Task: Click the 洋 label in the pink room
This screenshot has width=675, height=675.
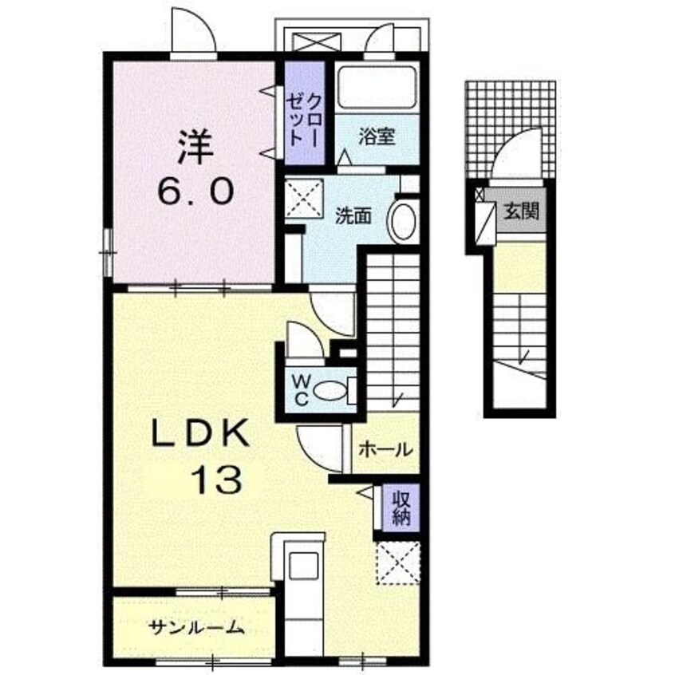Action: [196, 148]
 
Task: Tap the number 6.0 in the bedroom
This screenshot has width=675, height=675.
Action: [195, 191]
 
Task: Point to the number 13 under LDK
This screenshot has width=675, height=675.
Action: [216, 480]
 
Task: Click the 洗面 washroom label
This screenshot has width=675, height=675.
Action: [353, 215]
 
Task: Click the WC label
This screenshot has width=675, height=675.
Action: [302, 390]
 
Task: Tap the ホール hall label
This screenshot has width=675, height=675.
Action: [385, 449]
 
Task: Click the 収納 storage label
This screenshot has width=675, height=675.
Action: [401, 507]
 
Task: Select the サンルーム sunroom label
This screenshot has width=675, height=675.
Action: [196, 627]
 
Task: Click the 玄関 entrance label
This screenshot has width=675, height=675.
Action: [521, 211]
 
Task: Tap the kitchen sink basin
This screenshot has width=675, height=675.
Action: [304, 565]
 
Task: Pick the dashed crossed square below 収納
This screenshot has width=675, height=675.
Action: [398, 563]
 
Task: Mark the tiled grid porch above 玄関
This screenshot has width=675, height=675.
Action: [511, 129]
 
